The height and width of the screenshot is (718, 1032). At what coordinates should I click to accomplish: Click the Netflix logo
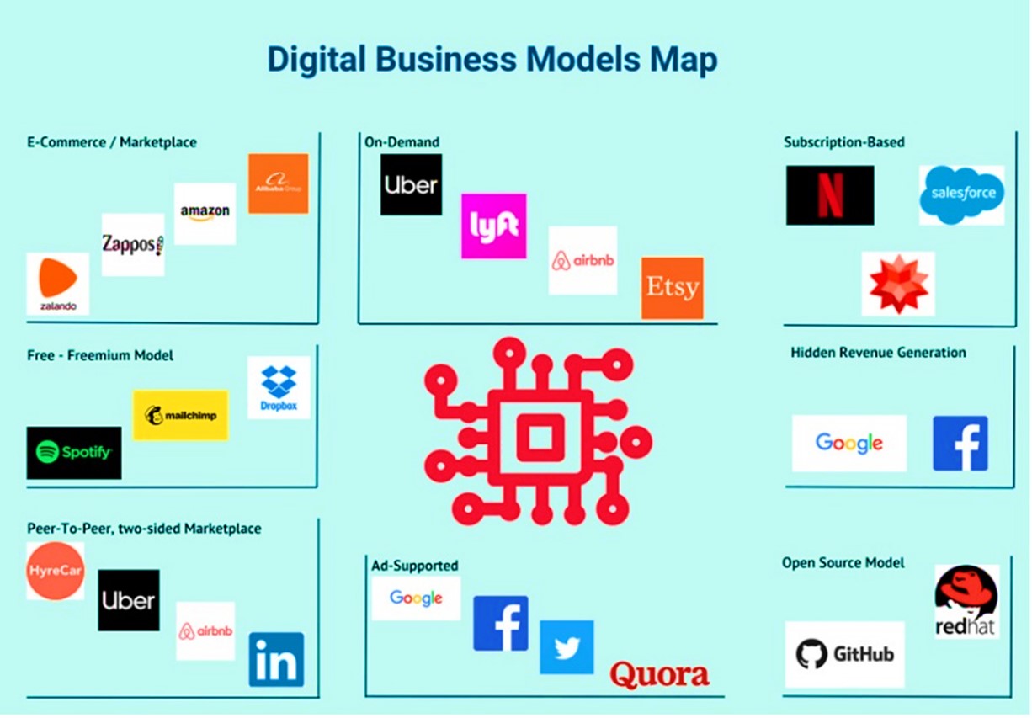pyautogui.click(x=829, y=194)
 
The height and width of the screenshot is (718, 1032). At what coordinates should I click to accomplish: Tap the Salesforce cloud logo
pyautogui.click(x=961, y=194)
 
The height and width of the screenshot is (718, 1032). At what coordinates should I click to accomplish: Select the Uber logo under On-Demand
pyautogui.click(x=411, y=184)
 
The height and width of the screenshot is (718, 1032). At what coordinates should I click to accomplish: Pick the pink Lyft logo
pyautogui.click(x=493, y=226)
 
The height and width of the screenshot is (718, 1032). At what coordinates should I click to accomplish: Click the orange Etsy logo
pyautogui.click(x=672, y=288)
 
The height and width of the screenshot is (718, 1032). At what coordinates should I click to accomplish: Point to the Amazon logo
pyautogui.click(x=205, y=213)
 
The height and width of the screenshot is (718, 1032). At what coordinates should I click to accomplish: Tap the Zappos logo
pyautogui.click(x=132, y=244)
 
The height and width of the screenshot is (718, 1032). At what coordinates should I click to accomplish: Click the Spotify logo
pyautogui.click(x=74, y=453)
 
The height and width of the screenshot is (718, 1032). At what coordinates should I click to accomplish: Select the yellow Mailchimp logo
pyautogui.click(x=180, y=415)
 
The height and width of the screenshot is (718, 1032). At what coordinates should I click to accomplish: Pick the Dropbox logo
pyautogui.click(x=279, y=387)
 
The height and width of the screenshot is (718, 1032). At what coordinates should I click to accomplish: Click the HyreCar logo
pyautogui.click(x=55, y=570)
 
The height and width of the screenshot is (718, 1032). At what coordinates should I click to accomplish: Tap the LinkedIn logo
pyautogui.click(x=276, y=659)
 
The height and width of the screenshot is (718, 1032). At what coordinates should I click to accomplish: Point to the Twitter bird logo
pyautogui.click(x=567, y=647)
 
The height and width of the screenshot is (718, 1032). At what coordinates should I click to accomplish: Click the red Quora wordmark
pyautogui.click(x=659, y=673)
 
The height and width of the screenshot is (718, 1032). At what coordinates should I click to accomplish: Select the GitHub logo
pyautogui.click(x=844, y=654)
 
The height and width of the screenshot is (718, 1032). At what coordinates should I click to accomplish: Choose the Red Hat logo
pyautogui.click(x=967, y=601)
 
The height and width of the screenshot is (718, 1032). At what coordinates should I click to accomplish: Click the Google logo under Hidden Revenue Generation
pyautogui.click(x=848, y=443)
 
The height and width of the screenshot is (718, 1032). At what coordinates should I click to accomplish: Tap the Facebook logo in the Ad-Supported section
pyautogui.click(x=500, y=623)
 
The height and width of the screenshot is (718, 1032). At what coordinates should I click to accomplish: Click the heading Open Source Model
pyautogui.click(x=843, y=562)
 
